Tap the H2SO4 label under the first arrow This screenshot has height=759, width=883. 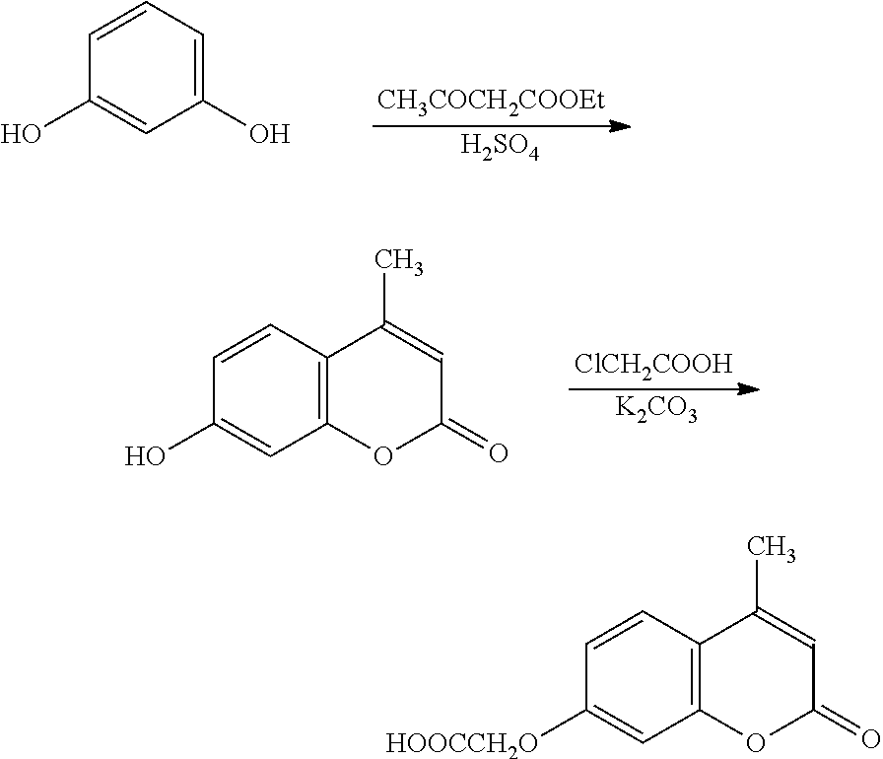point(500,150)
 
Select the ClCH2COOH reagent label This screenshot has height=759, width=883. point(653,365)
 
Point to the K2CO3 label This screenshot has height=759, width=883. point(656,413)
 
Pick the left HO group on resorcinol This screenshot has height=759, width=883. point(22,134)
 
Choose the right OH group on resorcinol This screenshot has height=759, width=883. point(268,134)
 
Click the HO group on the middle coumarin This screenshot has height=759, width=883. point(146,456)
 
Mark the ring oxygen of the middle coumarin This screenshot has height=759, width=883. point(384,454)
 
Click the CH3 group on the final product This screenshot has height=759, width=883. point(773,549)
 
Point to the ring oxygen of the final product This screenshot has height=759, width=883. point(756,738)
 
